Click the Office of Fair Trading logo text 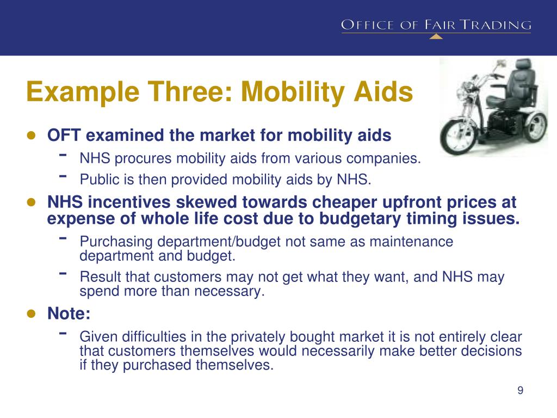(x=436, y=25)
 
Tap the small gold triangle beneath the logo (x=436, y=37)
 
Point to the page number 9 (x=521, y=391)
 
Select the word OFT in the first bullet (x=65, y=135)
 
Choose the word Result (x=96, y=277)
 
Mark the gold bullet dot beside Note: (x=32, y=313)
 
